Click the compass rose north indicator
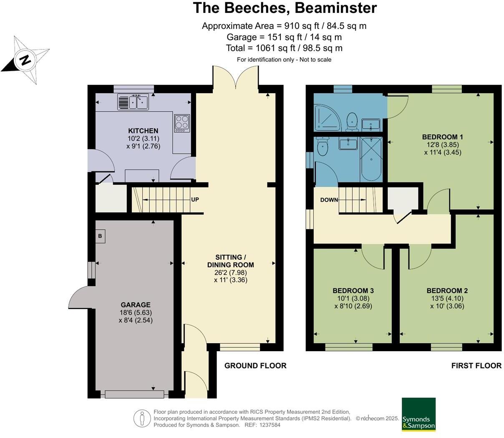(25, 60)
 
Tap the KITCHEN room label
(143, 131)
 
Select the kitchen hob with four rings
(182, 123)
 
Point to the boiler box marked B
(100, 236)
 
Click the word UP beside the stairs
(195, 200)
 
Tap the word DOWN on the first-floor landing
(329, 200)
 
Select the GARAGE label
(136, 305)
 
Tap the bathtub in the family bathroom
(370, 159)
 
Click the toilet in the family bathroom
(323, 147)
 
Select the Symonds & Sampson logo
(418, 414)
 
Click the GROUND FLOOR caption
(255, 366)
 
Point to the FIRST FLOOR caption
(476, 366)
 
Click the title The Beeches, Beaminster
(285, 8)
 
